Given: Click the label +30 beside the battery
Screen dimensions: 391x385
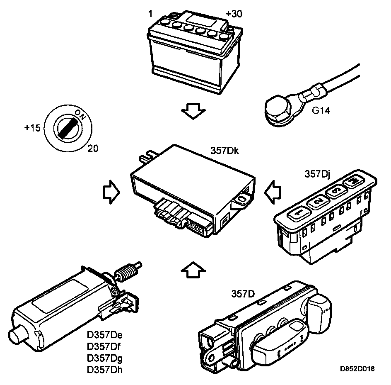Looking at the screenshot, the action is coord(234,14).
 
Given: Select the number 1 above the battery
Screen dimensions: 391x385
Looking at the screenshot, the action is coord(150,14).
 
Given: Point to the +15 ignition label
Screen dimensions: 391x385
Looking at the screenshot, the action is coord(32,128).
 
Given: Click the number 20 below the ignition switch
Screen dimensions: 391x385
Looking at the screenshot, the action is coord(93,148).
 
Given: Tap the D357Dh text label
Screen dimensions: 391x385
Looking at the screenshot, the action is coord(105,369).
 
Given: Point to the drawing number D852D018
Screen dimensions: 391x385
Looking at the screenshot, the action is coord(357,369).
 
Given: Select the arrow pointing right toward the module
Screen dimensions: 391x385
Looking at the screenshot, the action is coord(111,192).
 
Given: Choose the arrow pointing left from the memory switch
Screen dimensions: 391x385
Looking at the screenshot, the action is coord(274,191).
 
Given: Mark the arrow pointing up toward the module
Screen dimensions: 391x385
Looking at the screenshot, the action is coord(193,272).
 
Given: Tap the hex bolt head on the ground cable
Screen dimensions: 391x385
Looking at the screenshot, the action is coord(276,109).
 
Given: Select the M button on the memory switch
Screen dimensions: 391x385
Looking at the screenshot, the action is coord(353,182).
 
